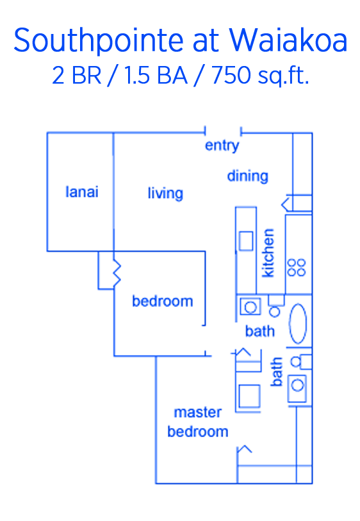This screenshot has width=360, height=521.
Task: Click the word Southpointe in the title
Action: pyautogui.click(x=98, y=41)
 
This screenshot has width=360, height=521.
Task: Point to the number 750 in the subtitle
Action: pyautogui.click(x=231, y=76)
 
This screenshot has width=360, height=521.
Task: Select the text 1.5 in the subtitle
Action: pyautogui.click(x=137, y=76)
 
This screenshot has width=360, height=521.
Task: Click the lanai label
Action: pyautogui.click(x=82, y=192)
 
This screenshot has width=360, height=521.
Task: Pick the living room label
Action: pyautogui.click(x=165, y=193)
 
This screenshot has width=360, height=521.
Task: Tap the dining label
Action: pyautogui.click(x=247, y=176)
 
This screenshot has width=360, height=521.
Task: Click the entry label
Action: pyautogui.click(x=222, y=145)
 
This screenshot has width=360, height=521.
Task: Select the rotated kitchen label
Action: pyautogui.click(x=268, y=252)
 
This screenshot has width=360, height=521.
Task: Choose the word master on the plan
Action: pyautogui.click(x=197, y=412)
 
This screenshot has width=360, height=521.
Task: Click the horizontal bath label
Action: pyautogui.click(x=259, y=331)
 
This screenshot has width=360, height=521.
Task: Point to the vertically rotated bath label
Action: pyautogui.click(x=276, y=372)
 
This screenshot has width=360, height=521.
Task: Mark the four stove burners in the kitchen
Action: pyautogui.click(x=297, y=267)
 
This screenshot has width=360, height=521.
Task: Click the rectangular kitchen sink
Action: pyautogui.click(x=246, y=241)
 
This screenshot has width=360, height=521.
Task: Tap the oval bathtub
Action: pyautogui.click(x=298, y=323)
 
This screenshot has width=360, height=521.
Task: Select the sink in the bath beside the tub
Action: pyautogui.click(x=250, y=307)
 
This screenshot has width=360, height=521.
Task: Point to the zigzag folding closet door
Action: pyautogui.click(x=117, y=272)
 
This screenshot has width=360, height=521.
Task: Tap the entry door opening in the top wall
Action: pyautogui.click(x=223, y=131)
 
